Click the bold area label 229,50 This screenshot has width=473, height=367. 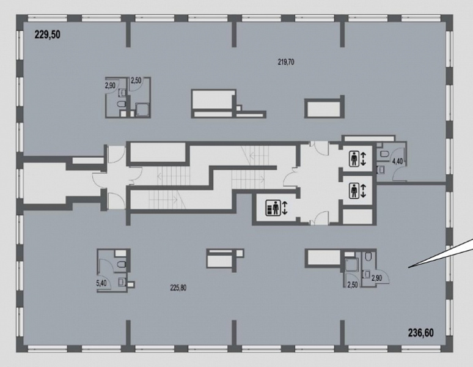tap(47, 35)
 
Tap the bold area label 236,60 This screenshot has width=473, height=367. tap(421, 333)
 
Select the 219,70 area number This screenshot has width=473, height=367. tap(286, 62)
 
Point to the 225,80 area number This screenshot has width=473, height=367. tap(178, 288)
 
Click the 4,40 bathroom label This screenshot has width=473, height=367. tap(397, 161)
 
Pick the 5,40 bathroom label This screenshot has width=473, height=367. tap(101, 283)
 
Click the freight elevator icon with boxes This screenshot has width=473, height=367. tap(273, 207)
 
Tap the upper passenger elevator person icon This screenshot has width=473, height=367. tap(354, 159)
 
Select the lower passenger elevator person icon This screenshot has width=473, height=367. tap(354, 191)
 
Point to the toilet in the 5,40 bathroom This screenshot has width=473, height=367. tap(121, 265)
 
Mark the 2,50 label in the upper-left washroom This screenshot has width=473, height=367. tap(136, 81)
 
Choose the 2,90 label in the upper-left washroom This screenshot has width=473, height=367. tap(110, 86)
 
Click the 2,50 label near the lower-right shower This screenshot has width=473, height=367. tap(353, 285)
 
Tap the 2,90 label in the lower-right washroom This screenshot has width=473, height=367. tap(377, 278)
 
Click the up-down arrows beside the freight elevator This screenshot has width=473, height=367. tap(285, 208)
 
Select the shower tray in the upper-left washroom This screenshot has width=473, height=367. tap(142, 109)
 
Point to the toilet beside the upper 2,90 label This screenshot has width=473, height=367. tap(121, 105)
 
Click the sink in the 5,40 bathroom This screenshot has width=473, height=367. tap(121, 282)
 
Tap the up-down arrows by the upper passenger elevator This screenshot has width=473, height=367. tap(363, 159)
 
